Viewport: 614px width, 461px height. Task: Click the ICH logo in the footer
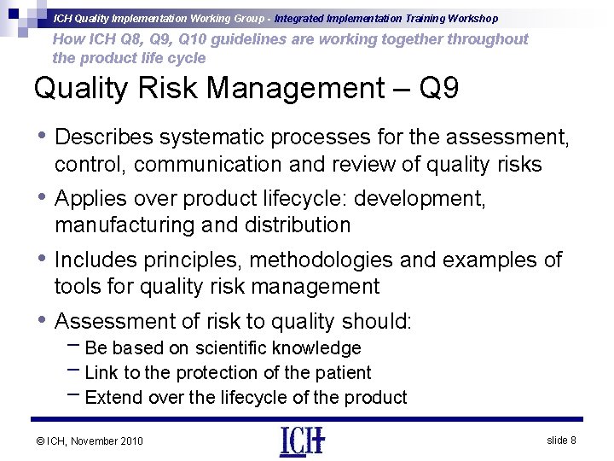point(302,441)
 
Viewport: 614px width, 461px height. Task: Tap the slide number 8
point(561,440)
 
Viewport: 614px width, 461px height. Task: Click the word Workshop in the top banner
point(470,18)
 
